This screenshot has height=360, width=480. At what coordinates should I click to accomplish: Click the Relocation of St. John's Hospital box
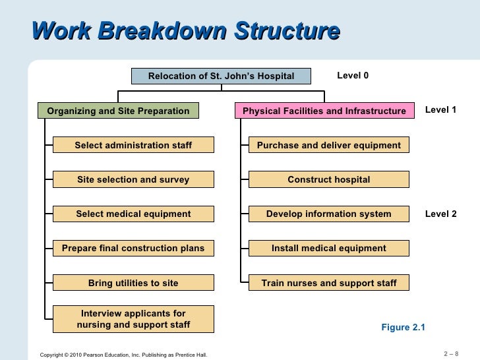(221, 76)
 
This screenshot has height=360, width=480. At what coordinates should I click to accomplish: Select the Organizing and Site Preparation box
(118, 111)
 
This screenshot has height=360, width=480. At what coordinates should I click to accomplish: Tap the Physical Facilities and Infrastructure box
(324, 111)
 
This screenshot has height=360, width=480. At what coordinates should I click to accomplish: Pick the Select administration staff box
(133, 145)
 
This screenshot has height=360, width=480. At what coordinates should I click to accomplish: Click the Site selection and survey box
(133, 179)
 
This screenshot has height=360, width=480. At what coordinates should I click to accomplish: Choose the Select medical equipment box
(133, 214)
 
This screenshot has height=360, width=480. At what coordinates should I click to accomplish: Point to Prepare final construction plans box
(133, 249)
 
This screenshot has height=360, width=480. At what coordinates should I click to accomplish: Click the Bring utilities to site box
(133, 283)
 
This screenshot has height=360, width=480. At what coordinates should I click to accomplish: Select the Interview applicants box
(133, 319)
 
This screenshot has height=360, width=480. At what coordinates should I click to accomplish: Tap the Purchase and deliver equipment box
(329, 145)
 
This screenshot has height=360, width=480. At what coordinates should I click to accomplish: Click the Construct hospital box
(329, 179)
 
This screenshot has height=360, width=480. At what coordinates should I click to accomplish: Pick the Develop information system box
(329, 214)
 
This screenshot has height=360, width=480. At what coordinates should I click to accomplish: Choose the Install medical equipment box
(329, 249)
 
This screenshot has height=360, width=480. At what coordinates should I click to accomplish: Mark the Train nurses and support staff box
(329, 283)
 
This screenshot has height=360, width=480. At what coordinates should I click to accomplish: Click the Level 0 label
(353, 76)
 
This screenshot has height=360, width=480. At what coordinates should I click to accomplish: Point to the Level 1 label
(440, 110)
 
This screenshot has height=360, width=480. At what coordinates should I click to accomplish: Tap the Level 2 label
(440, 214)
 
